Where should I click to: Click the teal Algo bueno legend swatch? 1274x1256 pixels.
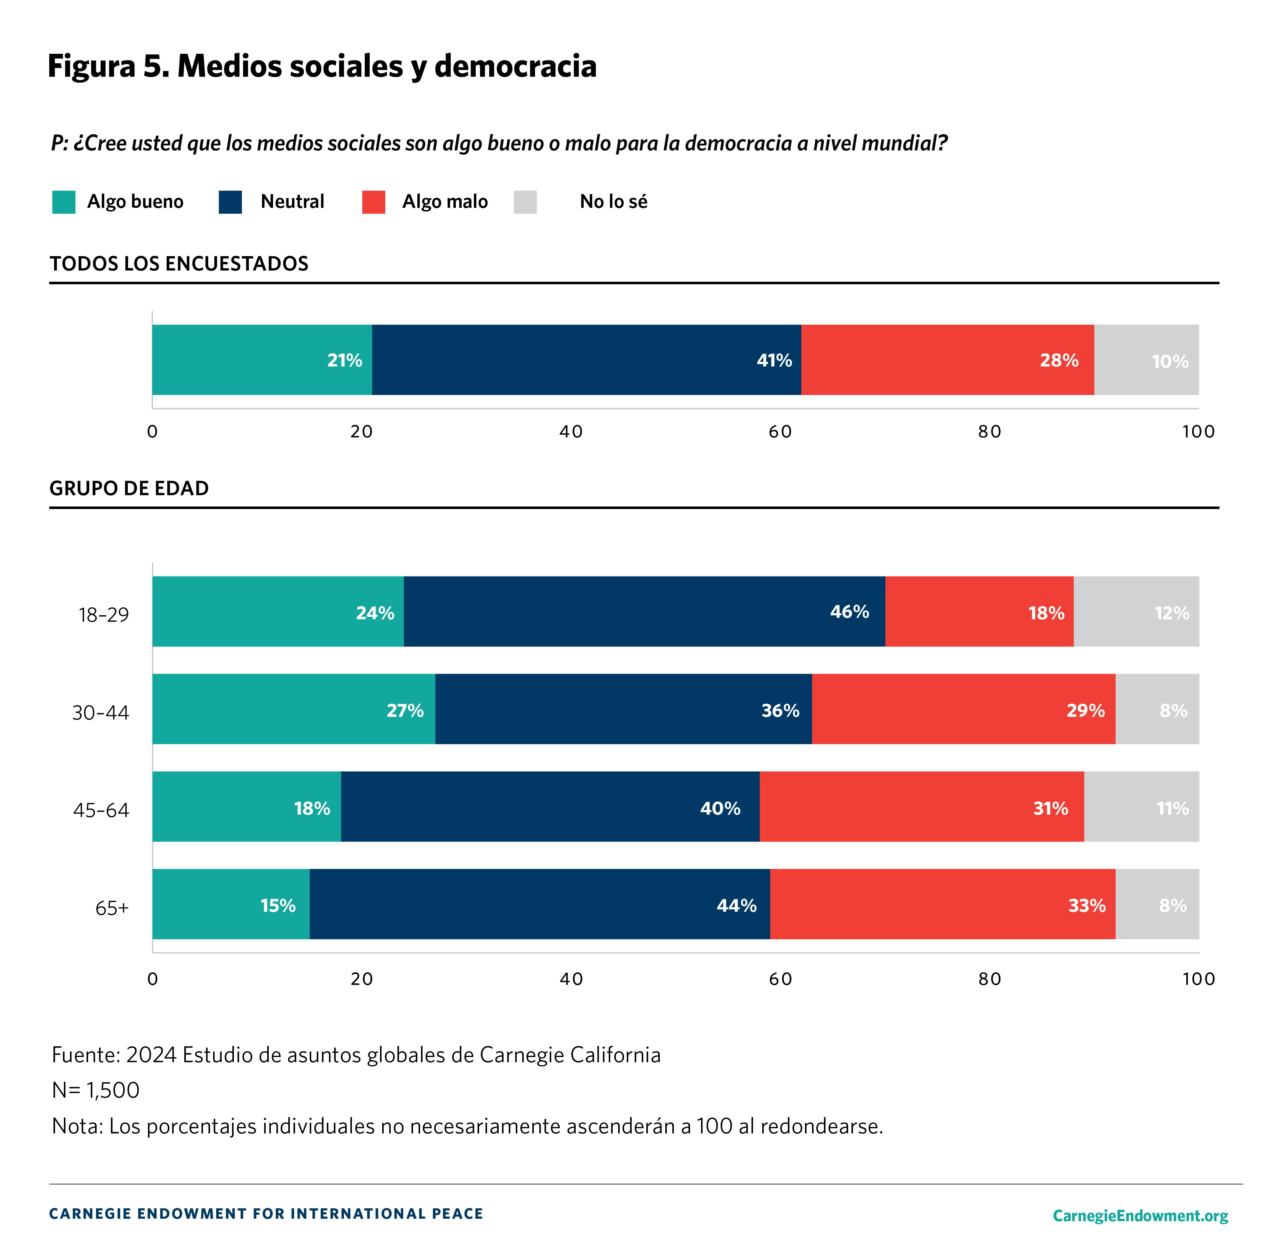pyautogui.click(x=64, y=202)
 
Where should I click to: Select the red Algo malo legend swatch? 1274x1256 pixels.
pyautogui.click(x=373, y=202)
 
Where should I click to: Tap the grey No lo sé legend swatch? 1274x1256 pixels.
pyautogui.click(x=525, y=202)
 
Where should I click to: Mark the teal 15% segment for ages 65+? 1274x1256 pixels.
pyautogui.click(x=231, y=904)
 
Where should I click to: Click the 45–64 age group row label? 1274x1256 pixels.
pyautogui.click(x=101, y=810)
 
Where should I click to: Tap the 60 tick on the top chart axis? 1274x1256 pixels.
pyautogui.click(x=780, y=432)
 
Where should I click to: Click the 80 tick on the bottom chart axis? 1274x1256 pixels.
pyautogui.click(x=989, y=979)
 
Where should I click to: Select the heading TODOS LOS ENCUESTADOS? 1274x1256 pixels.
pyautogui.click(x=179, y=264)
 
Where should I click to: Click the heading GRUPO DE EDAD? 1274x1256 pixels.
pyautogui.click(x=129, y=488)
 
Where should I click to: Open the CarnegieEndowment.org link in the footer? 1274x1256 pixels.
pyautogui.click(x=1140, y=1216)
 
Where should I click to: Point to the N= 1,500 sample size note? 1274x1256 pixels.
pyautogui.click(x=96, y=1091)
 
